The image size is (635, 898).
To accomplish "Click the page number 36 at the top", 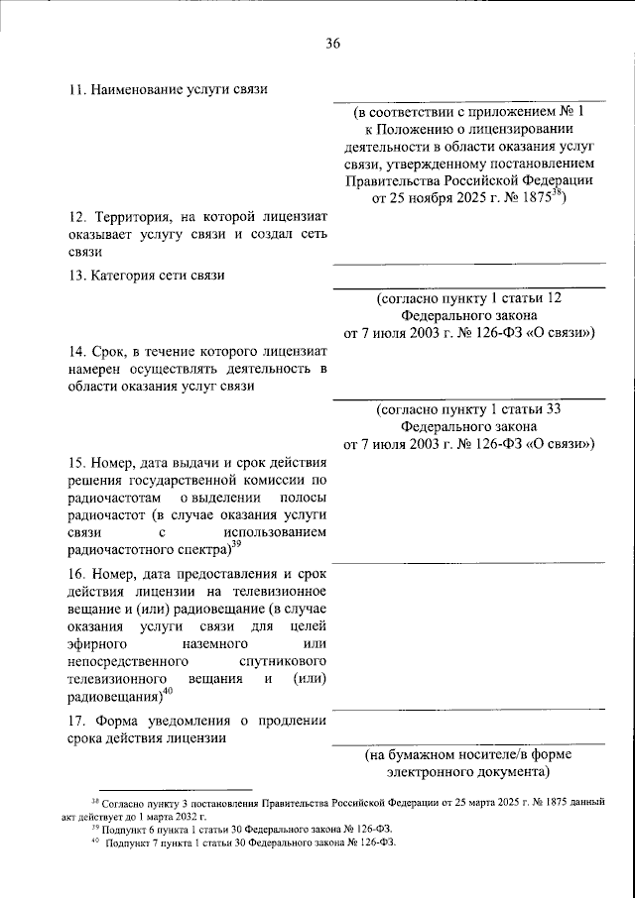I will (332, 43).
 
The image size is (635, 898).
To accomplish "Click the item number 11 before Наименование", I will (75, 90).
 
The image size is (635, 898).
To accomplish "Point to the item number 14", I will (75, 351).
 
